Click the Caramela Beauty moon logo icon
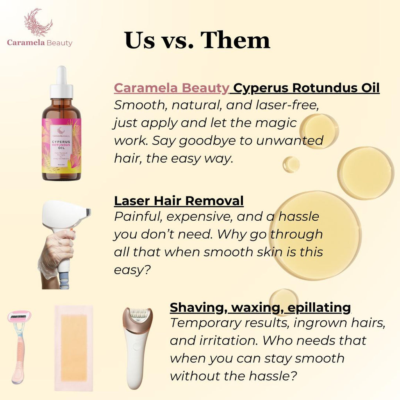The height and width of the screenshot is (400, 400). pos(38,22)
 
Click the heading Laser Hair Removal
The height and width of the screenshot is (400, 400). pos(179,201)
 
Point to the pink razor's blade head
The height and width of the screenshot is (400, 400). pos(20,316)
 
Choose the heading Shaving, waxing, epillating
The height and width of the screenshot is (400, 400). pos(260,307)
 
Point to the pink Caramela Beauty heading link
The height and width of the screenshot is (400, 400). pos(171,88)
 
